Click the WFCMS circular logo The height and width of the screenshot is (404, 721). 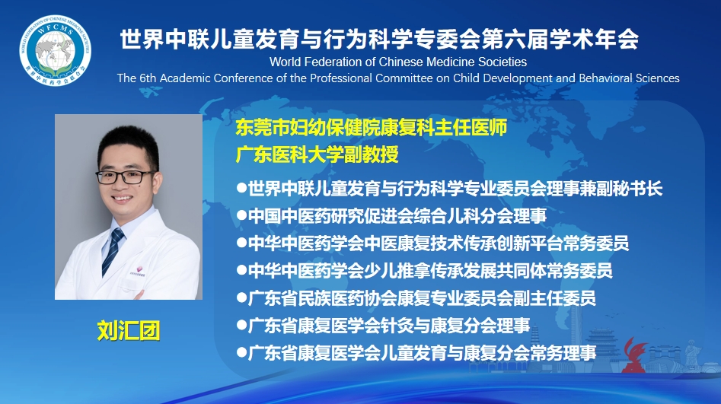[x=55, y=50]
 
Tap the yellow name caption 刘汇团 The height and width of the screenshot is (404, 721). [x=129, y=330]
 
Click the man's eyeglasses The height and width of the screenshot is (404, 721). [x=124, y=177]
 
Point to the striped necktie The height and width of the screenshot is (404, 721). [x=113, y=251]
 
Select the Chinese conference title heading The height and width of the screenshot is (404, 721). [x=379, y=39]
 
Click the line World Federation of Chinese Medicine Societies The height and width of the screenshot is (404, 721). [x=398, y=62]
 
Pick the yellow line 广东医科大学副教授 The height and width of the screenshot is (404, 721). [x=317, y=154]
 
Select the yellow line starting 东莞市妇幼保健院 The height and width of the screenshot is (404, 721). [x=372, y=127]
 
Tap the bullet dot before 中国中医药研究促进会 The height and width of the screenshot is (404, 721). [x=241, y=215]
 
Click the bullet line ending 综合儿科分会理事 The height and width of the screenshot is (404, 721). [x=392, y=215]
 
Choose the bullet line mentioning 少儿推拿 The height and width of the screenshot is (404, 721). [x=424, y=271]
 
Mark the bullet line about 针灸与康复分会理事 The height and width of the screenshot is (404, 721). [x=384, y=326]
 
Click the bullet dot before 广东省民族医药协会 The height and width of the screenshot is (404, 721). [x=241, y=297]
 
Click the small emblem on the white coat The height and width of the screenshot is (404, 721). [x=139, y=270]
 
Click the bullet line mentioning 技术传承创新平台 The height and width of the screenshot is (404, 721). [x=432, y=243]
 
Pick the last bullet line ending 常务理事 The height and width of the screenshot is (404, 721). [x=416, y=353]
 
